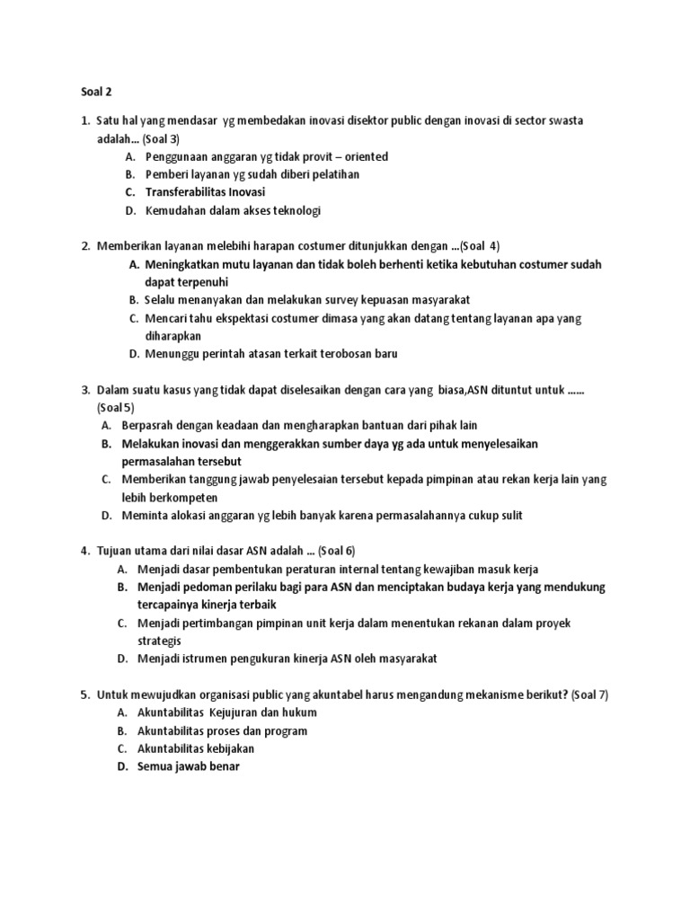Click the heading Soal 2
[x=86, y=91]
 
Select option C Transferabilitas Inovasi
[x=201, y=192]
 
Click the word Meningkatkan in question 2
[x=183, y=264]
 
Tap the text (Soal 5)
[x=116, y=407]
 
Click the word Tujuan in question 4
[x=119, y=550]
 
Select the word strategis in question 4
[x=159, y=641]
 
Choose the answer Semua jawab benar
[x=189, y=766]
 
